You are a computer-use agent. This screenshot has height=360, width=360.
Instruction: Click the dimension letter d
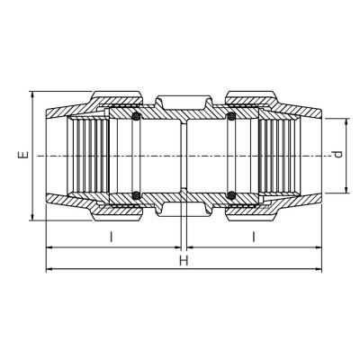[x=338, y=154]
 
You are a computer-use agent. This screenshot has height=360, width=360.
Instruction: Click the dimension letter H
[x=184, y=260]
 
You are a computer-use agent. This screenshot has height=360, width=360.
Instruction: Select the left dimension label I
[x=112, y=237]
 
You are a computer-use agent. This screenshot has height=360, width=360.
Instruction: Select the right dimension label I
[x=254, y=237]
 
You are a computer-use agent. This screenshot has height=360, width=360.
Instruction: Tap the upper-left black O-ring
[x=136, y=116]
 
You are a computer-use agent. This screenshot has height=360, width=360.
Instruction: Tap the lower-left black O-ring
[x=136, y=195]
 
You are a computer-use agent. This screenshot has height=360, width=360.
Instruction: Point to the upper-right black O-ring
[x=230, y=116]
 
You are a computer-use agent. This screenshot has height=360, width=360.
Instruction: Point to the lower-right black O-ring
[x=230, y=195]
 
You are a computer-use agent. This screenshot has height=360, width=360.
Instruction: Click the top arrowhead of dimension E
[x=32, y=95]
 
